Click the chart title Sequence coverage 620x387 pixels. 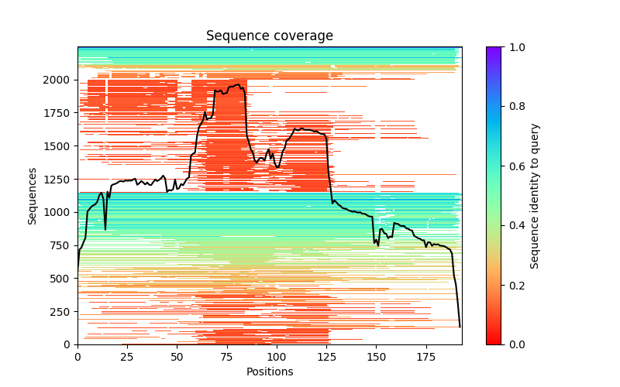[x=270, y=36]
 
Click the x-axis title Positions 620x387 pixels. [x=270, y=372]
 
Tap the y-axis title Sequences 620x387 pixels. [x=33, y=196]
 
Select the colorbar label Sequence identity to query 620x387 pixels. [x=535, y=196]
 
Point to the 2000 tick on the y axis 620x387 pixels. [x=61, y=80]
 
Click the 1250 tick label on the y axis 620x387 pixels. [x=61, y=179]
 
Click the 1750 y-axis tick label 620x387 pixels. [x=61, y=113]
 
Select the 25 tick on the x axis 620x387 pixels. [x=127, y=356]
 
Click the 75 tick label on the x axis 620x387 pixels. [x=227, y=356]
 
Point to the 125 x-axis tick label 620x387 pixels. [x=326, y=356]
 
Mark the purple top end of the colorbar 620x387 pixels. [x=493, y=50]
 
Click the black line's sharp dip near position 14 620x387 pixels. [x=105, y=229]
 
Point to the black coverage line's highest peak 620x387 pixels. [x=237, y=84]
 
